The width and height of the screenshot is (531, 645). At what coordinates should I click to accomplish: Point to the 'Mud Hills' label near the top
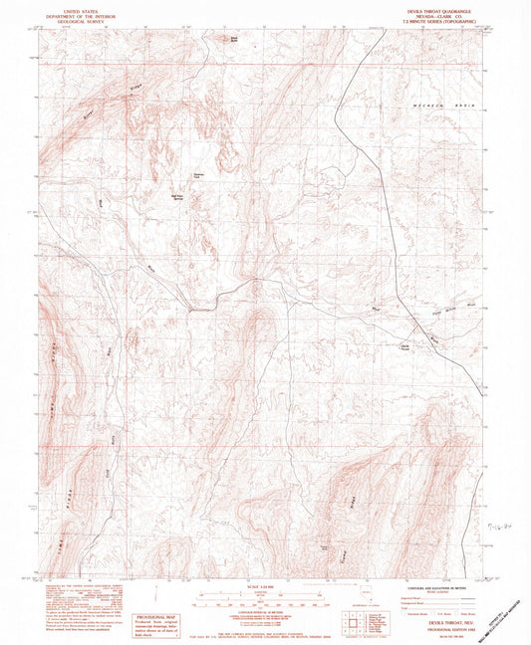pyautogui.click(x=234, y=39)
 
